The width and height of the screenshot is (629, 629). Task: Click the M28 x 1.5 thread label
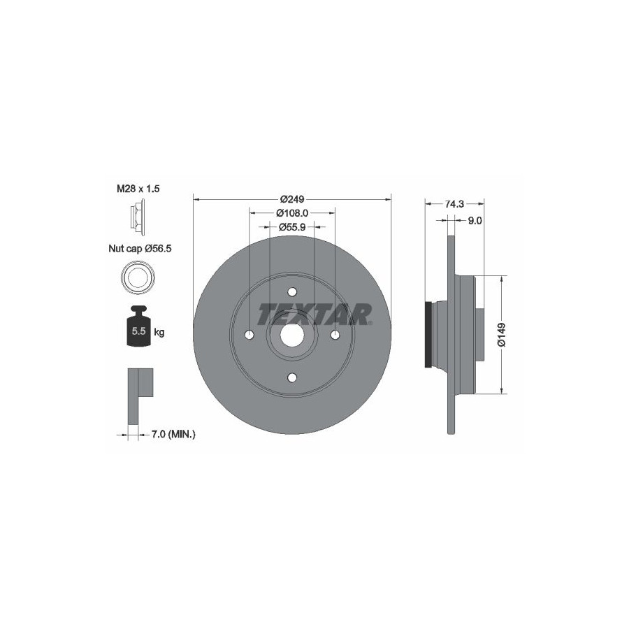[138, 189]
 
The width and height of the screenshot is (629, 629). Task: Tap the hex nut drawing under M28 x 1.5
[137, 217]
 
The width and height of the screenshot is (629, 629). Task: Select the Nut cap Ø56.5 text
[140, 249]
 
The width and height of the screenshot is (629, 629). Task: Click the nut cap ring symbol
[138, 277]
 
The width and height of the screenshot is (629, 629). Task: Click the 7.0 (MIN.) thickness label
[173, 433]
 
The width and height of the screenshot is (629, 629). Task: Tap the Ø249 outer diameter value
[292, 198]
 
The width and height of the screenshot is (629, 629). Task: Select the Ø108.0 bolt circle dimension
[292, 212]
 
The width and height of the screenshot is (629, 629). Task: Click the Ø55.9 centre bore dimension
[292, 227]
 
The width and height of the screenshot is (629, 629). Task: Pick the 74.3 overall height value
[454, 204]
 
